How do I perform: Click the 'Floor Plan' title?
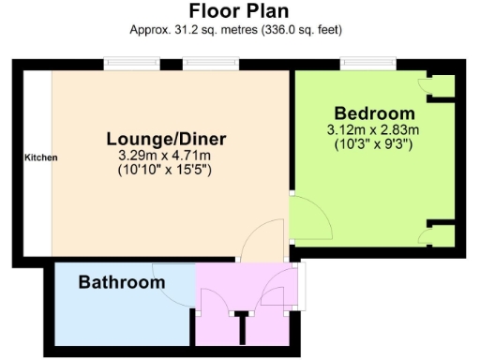239,11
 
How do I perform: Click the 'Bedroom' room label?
374,111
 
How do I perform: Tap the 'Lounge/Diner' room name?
166,139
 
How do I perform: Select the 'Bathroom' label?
122,281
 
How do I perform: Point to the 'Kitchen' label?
40,157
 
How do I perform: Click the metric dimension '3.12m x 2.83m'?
373,129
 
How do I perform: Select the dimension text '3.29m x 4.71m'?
166,156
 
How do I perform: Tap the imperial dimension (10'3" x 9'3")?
373,144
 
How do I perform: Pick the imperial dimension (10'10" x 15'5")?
166,171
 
